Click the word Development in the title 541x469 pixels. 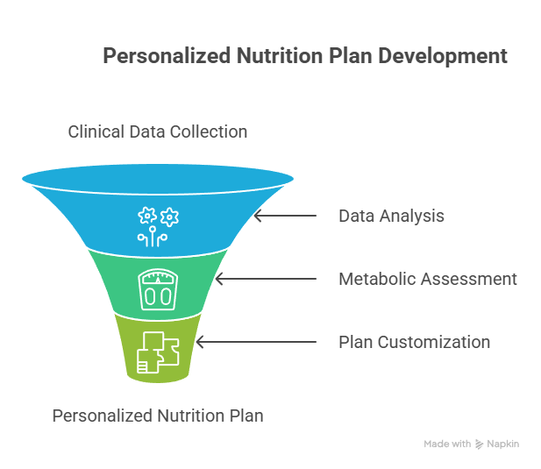[x=443, y=56]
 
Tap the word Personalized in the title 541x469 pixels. [x=167, y=56]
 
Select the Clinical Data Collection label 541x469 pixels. [x=158, y=131]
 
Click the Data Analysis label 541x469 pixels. [x=391, y=217]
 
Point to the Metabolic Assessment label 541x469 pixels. [x=428, y=279]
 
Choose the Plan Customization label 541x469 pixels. [x=415, y=342]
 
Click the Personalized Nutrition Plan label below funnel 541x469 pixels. [x=158, y=416]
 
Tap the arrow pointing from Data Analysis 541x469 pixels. [x=285, y=216]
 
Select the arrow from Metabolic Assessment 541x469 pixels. [x=266, y=279]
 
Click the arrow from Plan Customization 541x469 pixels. [x=256, y=342]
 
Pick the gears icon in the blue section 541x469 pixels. [x=158, y=226]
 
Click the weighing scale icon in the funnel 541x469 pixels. [x=158, y=289]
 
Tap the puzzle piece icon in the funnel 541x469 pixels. [x=158, y=352]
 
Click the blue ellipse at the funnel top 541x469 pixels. [x=158, y=179]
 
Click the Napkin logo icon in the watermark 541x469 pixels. [x=480, y=444]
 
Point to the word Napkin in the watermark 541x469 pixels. [x=503, y=444]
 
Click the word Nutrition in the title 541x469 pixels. [x=280, y=56]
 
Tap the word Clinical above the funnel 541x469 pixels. [x=96, y=131]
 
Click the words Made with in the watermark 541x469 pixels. [x=447, y=444]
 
